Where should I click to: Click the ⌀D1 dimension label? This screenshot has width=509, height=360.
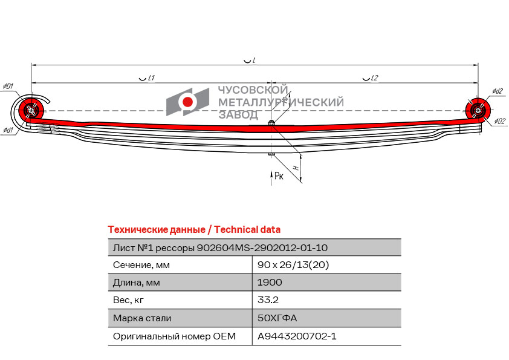pyautogui.click(x=8, y=87)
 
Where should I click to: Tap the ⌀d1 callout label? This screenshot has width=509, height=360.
pyautogui.click(x=8, y=130)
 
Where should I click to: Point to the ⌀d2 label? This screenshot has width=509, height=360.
pyautogui.click(x=498, y=91)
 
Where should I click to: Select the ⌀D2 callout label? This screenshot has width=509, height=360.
pyautogui.click(x=500, y=122)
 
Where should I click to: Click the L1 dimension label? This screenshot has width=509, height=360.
pyautogui.click(x=151, y=78)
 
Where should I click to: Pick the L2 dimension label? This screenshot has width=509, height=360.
pyautogui.click(x=375, y=78)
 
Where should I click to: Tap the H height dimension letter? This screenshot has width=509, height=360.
pyautogui.click(x=296, y=168)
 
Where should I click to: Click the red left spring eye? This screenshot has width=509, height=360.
pyautogui.click(x=31, y=110)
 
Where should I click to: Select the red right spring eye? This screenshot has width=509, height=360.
pyautogui.click(x=478, y=110)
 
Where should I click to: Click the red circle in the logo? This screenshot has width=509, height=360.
pyautogui.click(x=187, y=102)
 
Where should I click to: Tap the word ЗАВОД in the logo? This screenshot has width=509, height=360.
pyautogui.click(x=239, y=115)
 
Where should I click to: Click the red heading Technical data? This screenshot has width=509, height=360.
pyautogui.click(x=247, y=230)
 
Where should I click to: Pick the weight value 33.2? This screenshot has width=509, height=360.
pyautogui.click(x=268, y=300)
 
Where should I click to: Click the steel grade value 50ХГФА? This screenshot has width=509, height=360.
pyautogui.click(x=277, y=318)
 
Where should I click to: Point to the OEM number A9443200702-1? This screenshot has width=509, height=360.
pyautogui.click(x=297, y=336)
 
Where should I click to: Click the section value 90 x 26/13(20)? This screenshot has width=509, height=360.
pyautogui.click(x=293, y=265)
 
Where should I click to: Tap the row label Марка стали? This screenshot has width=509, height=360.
pyautogui.click(x=142, y=318)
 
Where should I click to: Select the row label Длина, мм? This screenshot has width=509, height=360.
pyautogui.click(x=137, y=283)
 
